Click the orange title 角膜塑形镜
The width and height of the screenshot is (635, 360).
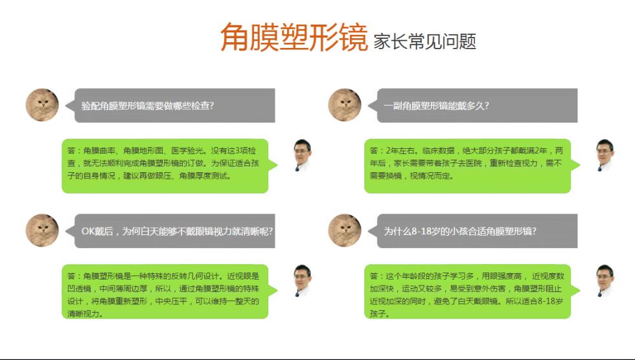pyautogui.click(x=294, y=37)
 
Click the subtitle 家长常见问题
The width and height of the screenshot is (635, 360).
pyautogui.click(x=424, y=41)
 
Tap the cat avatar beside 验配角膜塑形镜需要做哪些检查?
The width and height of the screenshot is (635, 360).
pyautogui.click(x=42, y=105)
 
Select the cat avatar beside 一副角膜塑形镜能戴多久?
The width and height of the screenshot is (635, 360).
pyautogui.click(x=345, y=105)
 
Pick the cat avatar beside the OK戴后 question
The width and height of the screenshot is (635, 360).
pyautogui.click(x=42, y=231)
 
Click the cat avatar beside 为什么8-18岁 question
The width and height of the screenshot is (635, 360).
pyautogui.click(x=345, y=231)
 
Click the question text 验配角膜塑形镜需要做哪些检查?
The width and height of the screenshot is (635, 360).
pyautogui.click(x=148, y=106)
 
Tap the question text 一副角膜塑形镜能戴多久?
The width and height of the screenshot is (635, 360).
pyautogui.click(x=437, y=106)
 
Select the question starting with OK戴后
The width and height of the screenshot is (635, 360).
pyautogui.click(x=177, y=231)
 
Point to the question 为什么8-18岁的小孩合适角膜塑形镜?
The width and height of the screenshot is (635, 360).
pyautogui.click(x=460, y=231)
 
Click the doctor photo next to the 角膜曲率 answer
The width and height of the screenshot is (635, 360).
pyautogui.click(x=303, y=155)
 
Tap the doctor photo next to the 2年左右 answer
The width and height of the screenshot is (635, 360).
pyautogui.click(x=605, y=155)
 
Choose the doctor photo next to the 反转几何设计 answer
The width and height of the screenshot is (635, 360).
pyautogui.click(x=303, y=281)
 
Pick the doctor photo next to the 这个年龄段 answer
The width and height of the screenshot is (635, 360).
pyautogui.click(x=605, y=281)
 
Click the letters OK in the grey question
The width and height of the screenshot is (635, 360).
pyautogui.click(x=88, y=231)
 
